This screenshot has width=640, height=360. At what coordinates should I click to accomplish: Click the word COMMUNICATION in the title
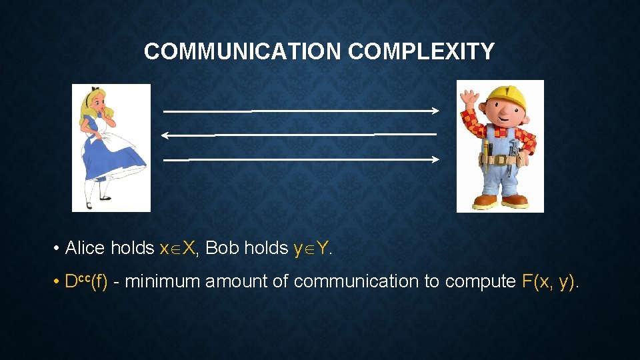pos(244,51)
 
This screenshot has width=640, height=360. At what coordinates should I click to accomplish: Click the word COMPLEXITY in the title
pos(421,51)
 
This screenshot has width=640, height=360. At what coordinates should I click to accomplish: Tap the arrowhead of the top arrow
pos(435,110)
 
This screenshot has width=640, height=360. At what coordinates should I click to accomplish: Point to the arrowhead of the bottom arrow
pos(435,159)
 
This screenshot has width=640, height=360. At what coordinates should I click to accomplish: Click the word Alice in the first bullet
pos(85,248)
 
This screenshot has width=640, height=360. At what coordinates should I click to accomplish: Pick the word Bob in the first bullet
pos(223,248)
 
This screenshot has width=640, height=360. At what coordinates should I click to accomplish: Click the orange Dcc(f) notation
pos(86,281)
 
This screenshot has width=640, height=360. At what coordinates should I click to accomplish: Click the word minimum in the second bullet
pos(163,281)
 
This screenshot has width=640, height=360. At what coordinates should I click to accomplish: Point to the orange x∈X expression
pos(178,248)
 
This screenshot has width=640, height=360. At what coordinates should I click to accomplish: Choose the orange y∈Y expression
pos(311,248)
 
